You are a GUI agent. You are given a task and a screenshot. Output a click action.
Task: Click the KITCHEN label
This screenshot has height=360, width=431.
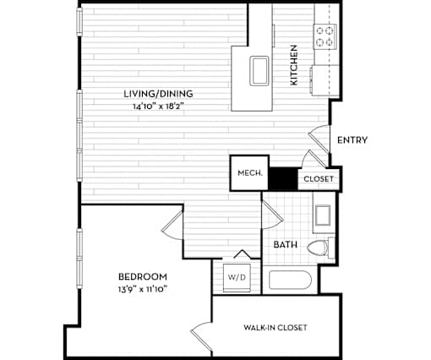pos(294,65)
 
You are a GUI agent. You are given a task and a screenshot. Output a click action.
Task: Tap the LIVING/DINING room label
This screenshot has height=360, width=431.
pos(158,94)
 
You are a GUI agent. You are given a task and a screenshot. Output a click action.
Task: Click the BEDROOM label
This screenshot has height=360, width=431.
pos(143,276)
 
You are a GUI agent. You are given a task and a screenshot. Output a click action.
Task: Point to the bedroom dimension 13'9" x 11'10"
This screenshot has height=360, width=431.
pos(143,289)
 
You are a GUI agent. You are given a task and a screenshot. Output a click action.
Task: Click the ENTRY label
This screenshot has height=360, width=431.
pos(352,140)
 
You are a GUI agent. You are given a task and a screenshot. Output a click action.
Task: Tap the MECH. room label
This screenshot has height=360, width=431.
pos(250,173)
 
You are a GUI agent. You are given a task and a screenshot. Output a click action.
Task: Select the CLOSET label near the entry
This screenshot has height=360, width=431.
pos(319,179)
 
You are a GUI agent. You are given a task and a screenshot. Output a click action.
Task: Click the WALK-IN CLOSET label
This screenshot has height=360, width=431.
pos(276,328)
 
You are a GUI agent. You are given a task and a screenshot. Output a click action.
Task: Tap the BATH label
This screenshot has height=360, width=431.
pos(286,244)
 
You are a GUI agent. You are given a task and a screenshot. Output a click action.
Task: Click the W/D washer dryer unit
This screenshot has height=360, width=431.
pos(237,278)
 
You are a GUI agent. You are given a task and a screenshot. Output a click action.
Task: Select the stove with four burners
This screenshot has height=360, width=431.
pos(325,37)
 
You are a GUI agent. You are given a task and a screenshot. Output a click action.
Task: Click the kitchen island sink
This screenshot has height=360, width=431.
pos(259,71)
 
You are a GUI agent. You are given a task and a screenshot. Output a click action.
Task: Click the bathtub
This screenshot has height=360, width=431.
pos(290,280)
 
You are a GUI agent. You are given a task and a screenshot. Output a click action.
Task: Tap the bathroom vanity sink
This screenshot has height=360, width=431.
pos(323,215)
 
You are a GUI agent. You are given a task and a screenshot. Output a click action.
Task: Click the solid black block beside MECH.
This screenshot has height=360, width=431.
pos(283,179)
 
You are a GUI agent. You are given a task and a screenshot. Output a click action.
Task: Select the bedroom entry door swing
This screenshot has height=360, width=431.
pos(172,226)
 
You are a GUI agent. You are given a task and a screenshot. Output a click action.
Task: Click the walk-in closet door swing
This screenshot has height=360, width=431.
pos(201,337)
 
